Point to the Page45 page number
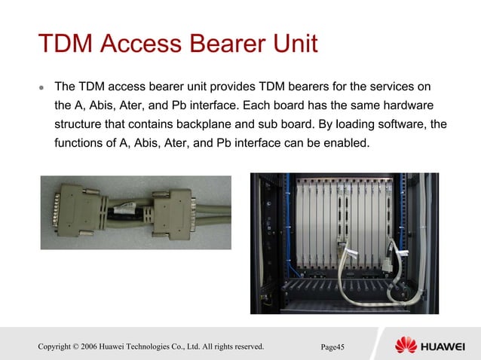click(x=332, y=347)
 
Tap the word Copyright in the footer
click(x=54, y=346)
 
